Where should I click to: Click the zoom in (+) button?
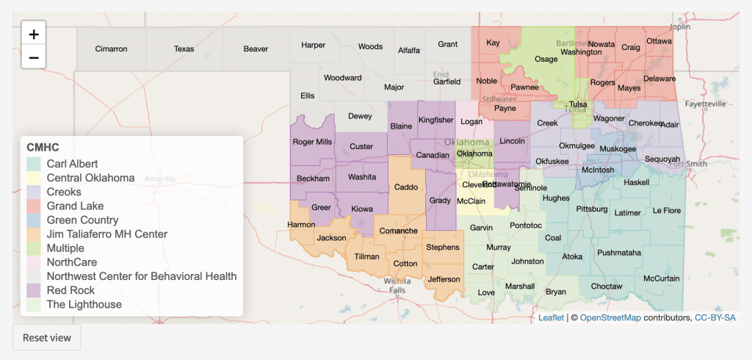pyautogui.click(x=34, y=34)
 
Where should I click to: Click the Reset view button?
pyautogui.click(x=46, y=337)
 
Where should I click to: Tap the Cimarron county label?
pyautogui.click(x=111, y=49)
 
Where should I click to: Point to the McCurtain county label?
pyautogui.click(x=661, y=278)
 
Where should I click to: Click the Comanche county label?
pyautogui.click(x=398, y=231)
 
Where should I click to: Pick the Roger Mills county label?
pyautogui.click(x=312, y=142)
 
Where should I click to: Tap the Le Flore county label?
pyautogui.click(x=666, y=211)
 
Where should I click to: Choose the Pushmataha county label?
pyautogui.click(x=619, y=253)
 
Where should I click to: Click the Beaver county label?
pyautogui.click(x=256, y=49)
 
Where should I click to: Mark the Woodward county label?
pyautogui.click(x=342, y=78)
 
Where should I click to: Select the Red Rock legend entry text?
pyautogui.click(x=70, y=290)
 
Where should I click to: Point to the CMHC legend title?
pyautogui.click(x=43, y=147)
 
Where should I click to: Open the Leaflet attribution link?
pyautogui.click(x=551, y=317)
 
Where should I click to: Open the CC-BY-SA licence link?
pyautogui.click(x=715, y=317)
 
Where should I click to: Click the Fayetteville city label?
pyautogui.click(x=705, y=104)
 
